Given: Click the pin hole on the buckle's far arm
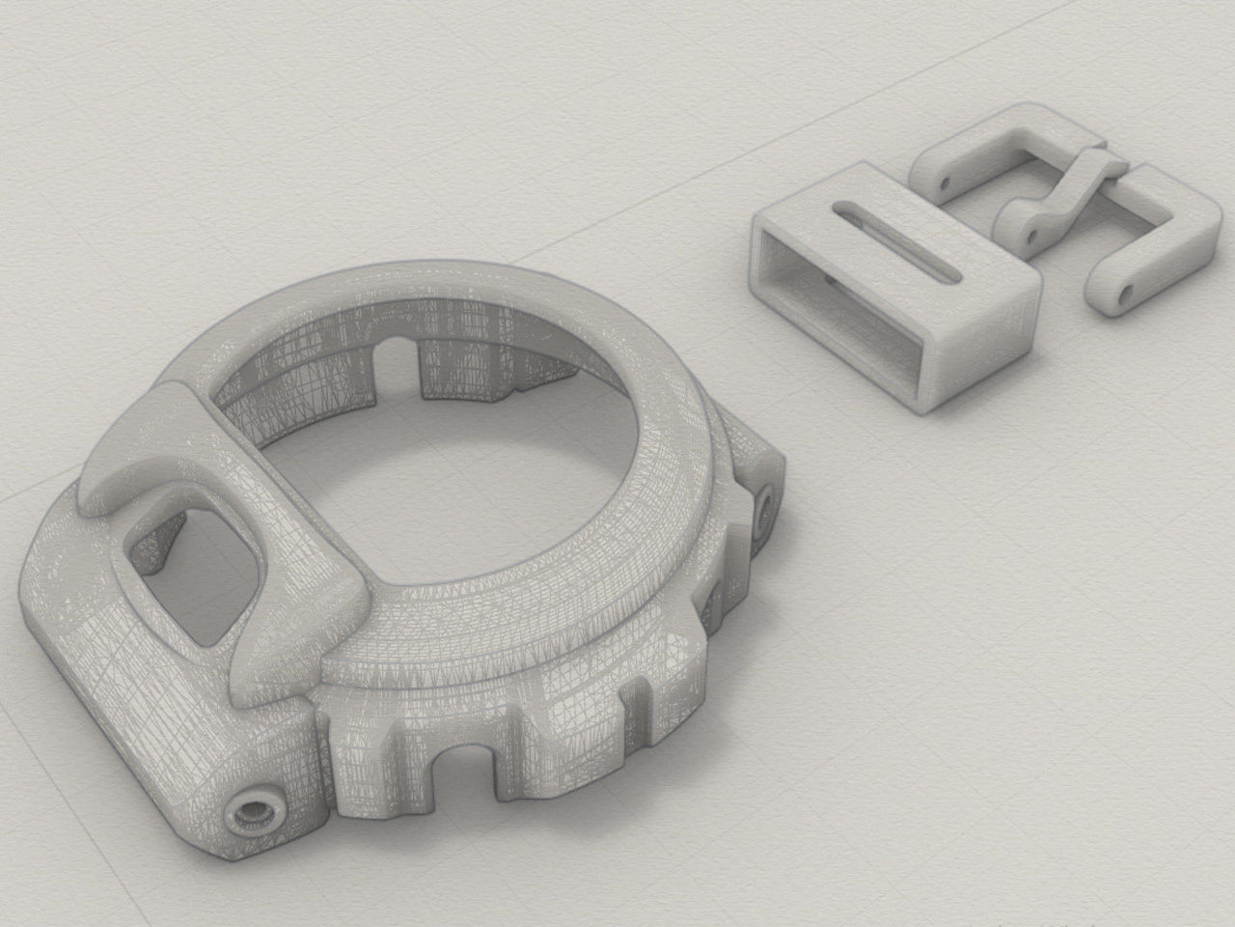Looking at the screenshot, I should pyautogui.click(x=945, y=181).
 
